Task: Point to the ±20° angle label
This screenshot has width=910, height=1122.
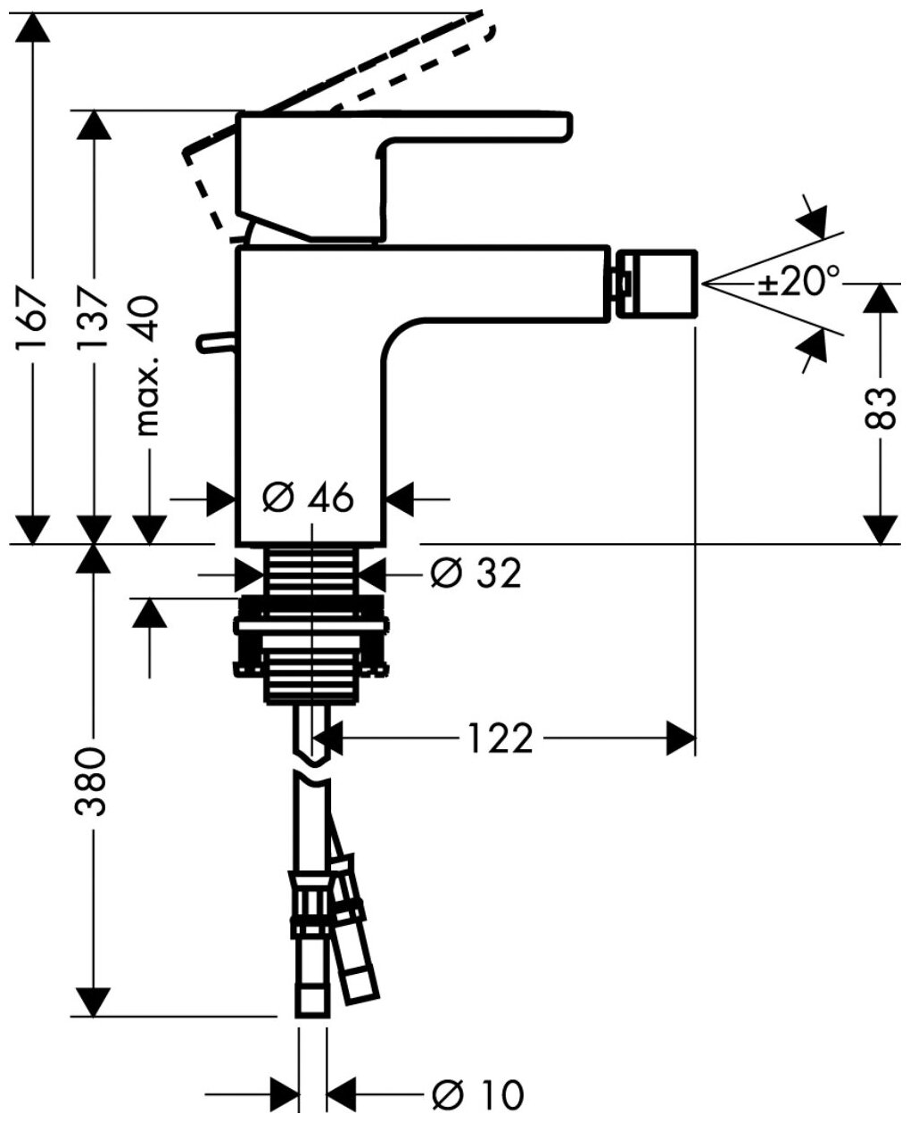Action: [799, 284]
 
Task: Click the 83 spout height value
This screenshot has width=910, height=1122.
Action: [881, 408]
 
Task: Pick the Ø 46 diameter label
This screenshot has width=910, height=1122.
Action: [309, 498]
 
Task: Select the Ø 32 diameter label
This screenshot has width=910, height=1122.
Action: [475, 573]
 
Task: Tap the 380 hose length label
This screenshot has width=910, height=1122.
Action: [93, 783]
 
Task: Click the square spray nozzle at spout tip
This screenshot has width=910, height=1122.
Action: [655, 284]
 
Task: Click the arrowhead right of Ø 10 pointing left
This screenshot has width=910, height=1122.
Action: [342, 1093]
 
